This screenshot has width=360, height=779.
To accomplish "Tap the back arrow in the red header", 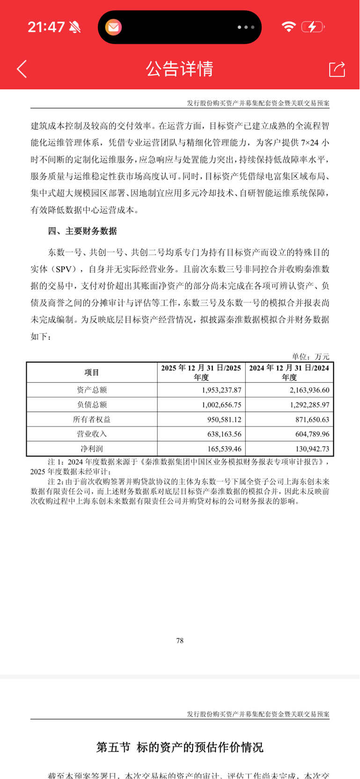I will (22, 69).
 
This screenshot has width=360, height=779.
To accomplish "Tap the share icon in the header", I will (337, 69).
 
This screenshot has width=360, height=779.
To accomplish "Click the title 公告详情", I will (180, 69).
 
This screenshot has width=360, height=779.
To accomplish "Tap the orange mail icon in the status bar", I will (113, 27).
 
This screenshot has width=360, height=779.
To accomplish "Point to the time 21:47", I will (46, 27).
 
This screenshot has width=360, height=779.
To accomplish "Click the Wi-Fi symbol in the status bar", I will (289, 27).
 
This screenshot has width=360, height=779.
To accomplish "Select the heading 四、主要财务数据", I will (82, 231).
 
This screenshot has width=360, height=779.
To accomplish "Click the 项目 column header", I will (92, 372).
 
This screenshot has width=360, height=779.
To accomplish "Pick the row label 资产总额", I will (92, 390).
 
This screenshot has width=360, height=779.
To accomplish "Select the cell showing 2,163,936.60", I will (306, 390).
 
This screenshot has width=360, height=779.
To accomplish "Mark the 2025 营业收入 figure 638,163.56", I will (224, 434).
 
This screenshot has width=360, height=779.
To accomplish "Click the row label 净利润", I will (92, 449).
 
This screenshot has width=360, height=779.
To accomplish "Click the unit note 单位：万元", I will (310, 357).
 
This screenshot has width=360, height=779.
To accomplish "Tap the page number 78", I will (180, 641).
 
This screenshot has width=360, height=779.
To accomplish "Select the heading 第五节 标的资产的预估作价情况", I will (180, 747).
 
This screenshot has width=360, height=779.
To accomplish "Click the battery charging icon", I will (313, 27).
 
